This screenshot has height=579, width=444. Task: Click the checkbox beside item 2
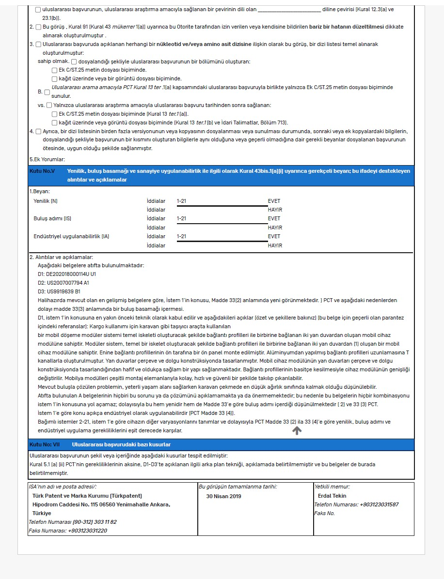tap(38, 27)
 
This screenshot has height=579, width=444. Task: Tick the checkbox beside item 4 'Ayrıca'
tap(38, 131)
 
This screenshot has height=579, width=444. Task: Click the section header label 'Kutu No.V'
tap(42, 171)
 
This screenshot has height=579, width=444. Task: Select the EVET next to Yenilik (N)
tap(274, 201)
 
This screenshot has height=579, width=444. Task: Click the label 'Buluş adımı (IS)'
tap(52, 218)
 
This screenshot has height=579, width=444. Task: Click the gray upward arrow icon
tap(297, 431)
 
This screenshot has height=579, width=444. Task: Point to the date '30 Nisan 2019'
tap(223, 496)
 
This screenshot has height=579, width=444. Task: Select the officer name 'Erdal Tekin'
tap(332, 496)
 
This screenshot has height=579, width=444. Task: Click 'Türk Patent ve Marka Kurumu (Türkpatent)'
tap(87, 496)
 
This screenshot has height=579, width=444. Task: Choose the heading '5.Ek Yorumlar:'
tap(47, 159)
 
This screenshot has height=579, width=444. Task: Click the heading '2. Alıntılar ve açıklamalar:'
tap(61, 257)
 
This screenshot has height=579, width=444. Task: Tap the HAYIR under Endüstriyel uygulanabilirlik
tap(275, 245)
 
